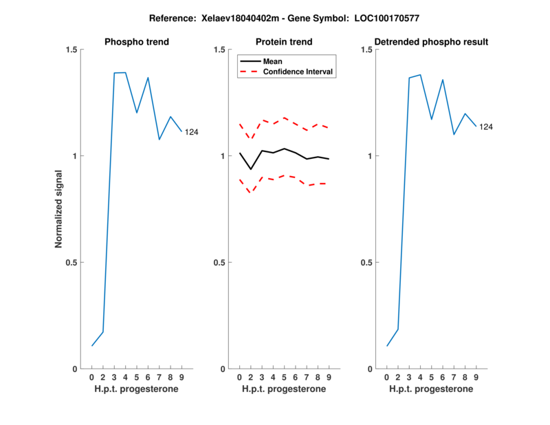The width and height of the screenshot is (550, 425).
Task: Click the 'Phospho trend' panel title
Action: [136, 42]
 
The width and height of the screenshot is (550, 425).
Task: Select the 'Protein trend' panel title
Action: [284, 42]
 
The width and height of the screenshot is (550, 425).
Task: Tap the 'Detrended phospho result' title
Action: [431, 42]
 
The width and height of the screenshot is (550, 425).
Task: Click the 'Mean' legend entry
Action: [273, 61]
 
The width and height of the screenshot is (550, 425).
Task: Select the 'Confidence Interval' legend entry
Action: [298, 71]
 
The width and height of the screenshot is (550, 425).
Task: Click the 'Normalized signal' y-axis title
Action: [59, 208]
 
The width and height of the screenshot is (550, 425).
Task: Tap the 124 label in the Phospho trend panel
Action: [191, 132]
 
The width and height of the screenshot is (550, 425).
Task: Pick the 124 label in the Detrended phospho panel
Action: [486, 127]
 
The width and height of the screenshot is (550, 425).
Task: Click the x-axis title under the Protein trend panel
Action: [284, 389]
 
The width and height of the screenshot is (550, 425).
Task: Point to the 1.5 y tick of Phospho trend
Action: [71, 50]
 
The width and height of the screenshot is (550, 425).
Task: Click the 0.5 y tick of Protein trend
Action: [219, 263]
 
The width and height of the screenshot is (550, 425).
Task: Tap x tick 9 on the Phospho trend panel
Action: [181, 377]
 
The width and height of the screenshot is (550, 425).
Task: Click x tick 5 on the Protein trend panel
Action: [284, 377]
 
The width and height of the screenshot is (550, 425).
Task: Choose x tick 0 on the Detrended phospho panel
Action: [386, 377]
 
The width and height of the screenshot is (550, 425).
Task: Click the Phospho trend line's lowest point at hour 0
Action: [92, 345]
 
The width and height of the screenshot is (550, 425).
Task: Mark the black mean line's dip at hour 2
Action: [251, 169]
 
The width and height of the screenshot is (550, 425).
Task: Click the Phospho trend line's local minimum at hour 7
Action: [159, 140]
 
